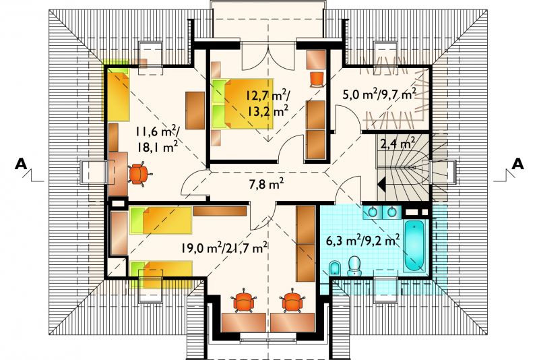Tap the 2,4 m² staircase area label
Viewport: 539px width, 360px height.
click(398, 143)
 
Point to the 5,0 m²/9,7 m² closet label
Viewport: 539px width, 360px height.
click(379, 94)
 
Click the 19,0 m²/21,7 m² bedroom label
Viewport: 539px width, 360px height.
click(225, 247)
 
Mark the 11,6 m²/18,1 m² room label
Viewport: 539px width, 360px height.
click(157, 140)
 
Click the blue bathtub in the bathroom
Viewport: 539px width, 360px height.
click(414, 245)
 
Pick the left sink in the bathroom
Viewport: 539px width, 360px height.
click(373, 212)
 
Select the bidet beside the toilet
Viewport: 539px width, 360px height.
click(334, 268)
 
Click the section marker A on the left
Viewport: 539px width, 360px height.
click(21, 164)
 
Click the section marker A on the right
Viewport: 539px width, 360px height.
click(517, 164)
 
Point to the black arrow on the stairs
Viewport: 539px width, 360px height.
click(381, 183)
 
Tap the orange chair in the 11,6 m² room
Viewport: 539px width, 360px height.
click(139, 174)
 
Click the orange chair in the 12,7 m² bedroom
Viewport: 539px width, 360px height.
click(317, 79)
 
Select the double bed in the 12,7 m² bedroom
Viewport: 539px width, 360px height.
click(243, 104)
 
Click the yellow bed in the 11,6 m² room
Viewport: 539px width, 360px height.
click(117, 94)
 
